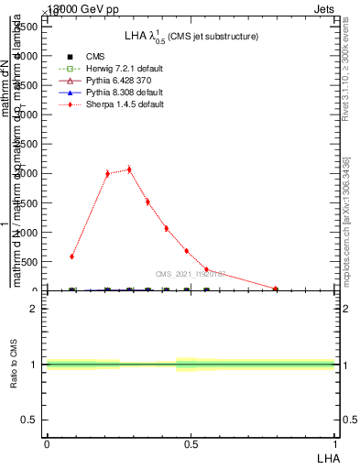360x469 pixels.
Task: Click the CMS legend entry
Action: pos(95,56)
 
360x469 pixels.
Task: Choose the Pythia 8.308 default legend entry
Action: pos(124,93)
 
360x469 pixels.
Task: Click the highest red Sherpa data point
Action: pos(129,169)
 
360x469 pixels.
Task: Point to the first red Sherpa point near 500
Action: pos(71,256)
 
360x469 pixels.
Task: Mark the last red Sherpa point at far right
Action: pos(276,289)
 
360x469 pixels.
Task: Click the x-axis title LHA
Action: pos(328,456)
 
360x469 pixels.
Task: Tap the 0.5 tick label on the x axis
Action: pos(191,443)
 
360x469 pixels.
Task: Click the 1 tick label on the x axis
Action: pos(335,443)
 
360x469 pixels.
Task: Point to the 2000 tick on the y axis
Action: pos(27,173)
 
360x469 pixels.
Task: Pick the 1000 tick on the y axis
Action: pos(27,232)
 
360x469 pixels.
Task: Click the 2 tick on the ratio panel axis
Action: pos(34,309)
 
